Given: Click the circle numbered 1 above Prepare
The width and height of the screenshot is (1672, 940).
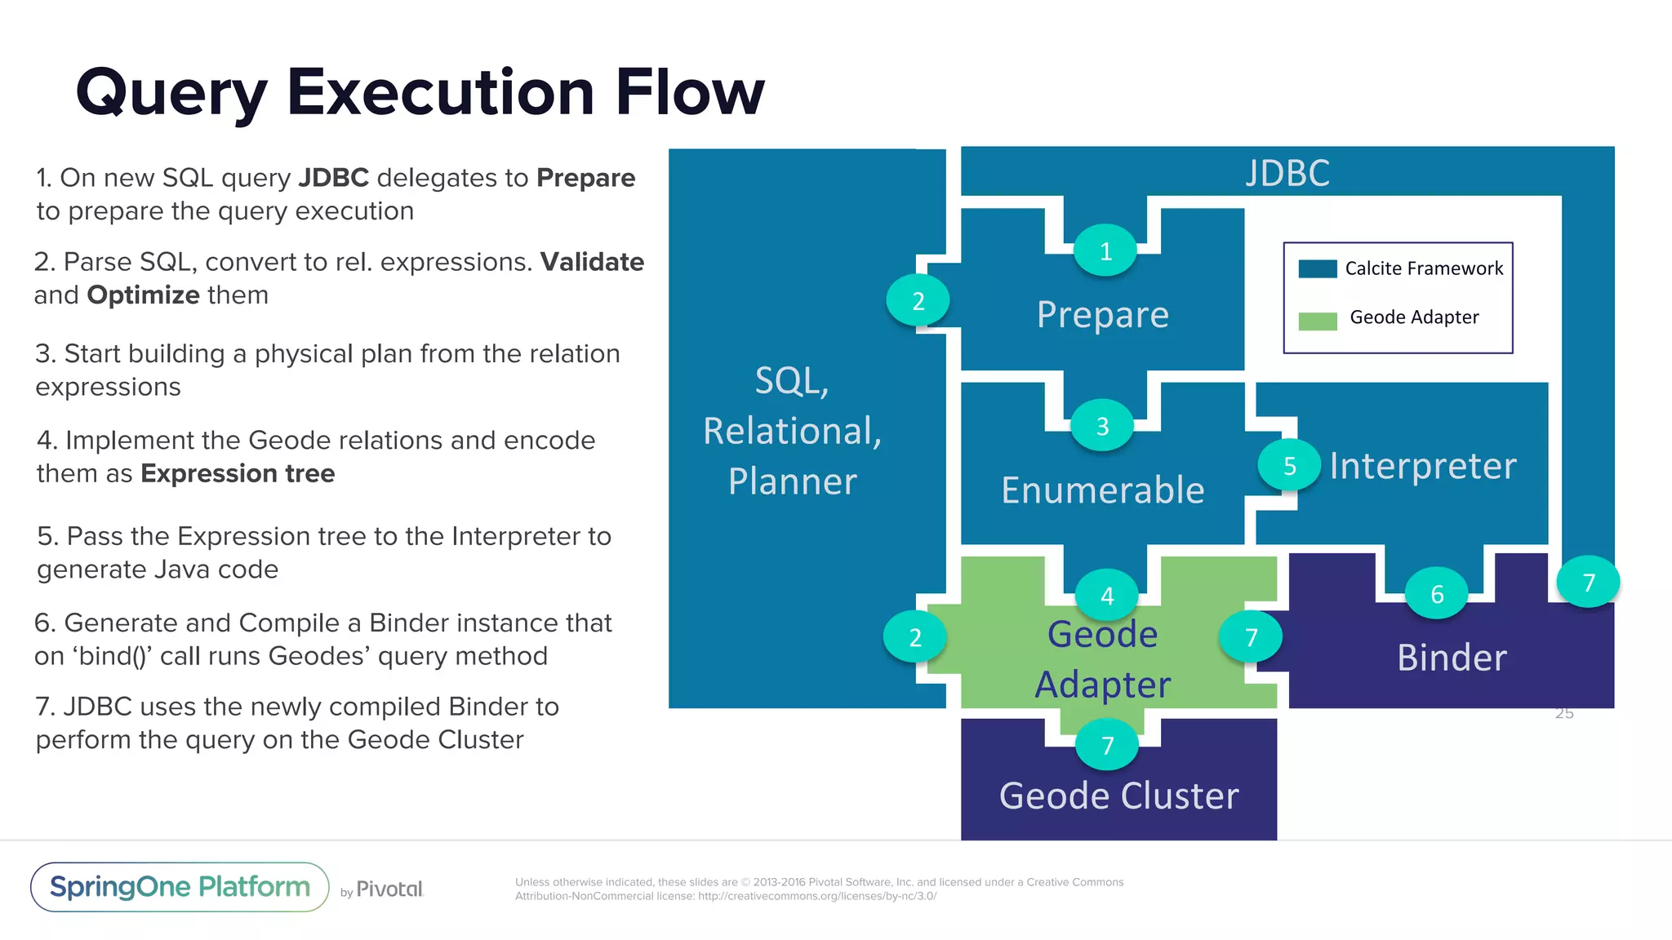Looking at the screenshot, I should click(1105, 251).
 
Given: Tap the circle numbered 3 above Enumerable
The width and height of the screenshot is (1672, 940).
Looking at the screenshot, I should click(1102, 426).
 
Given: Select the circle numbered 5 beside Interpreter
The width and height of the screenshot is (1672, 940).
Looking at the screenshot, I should click(1289, 466).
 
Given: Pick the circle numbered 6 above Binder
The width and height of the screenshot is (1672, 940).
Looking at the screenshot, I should click(1437, 594).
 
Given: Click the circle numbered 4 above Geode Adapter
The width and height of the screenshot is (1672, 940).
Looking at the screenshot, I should click(1107, 596).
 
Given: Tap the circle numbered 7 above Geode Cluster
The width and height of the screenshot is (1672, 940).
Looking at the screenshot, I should click(1107, 745).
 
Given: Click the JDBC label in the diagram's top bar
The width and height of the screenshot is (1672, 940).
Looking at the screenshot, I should click(1287, 173).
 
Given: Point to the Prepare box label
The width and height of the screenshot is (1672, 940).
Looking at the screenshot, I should click(1102, 314).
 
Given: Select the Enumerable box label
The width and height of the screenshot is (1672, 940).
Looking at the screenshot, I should click(1102, 490).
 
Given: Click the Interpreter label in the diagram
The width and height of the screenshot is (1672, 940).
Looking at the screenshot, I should click(1422, 466).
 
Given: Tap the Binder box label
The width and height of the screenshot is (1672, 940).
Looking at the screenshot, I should click(1452, 658).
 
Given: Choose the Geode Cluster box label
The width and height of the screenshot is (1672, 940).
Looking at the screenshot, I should click(1118, 796).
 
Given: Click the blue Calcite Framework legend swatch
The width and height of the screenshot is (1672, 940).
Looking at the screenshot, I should click(1317, 269).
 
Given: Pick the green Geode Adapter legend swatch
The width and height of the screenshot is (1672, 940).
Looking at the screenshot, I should click(1317, 321).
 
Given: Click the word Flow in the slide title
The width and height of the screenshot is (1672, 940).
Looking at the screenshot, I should click(690, 91).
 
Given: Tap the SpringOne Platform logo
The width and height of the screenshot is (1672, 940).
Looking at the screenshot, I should click(180, 887).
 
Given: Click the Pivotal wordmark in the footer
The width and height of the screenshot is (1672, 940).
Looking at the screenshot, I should click(389, 889).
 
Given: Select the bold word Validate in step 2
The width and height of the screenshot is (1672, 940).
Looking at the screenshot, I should click(592, 262).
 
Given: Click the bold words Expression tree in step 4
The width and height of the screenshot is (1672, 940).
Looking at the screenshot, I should click(238, 473).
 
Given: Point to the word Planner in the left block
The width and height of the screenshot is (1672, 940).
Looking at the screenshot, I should click(792, 481).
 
